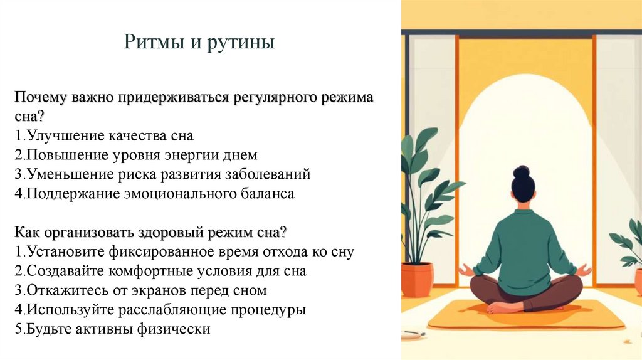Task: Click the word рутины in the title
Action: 241,43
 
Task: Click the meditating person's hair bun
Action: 522,171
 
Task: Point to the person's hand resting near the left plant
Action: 465,270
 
